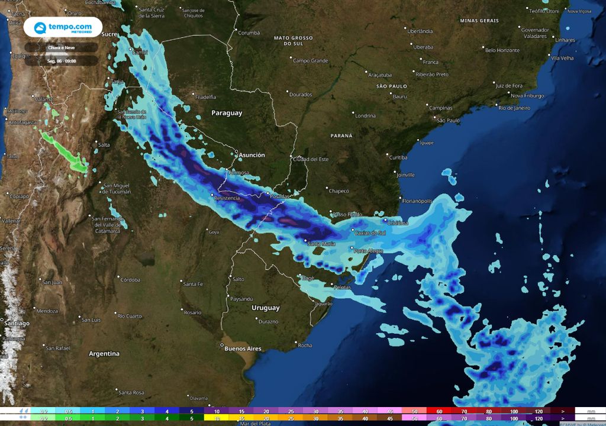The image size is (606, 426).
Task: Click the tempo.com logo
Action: tap(63, 28)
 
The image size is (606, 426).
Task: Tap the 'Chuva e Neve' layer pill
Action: tap(62, 47)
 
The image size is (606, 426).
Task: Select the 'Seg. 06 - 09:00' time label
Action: tap(62, 60)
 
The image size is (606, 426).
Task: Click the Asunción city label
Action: tap(252, 155)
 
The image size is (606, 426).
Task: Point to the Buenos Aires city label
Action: tap(243, 349)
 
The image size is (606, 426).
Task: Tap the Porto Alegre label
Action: tap(369, 251)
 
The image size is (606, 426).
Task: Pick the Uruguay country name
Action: tap(266, 308)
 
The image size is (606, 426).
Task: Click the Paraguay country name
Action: tap(227, 113)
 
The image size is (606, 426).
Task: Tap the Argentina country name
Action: tap(104, 354)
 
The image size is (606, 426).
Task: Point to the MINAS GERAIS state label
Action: tap(479, 21)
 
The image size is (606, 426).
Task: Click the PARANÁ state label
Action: tap(341, 135)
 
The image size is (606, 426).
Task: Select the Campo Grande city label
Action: tap(310, 61)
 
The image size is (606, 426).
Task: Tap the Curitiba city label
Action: tap(398, 157)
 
